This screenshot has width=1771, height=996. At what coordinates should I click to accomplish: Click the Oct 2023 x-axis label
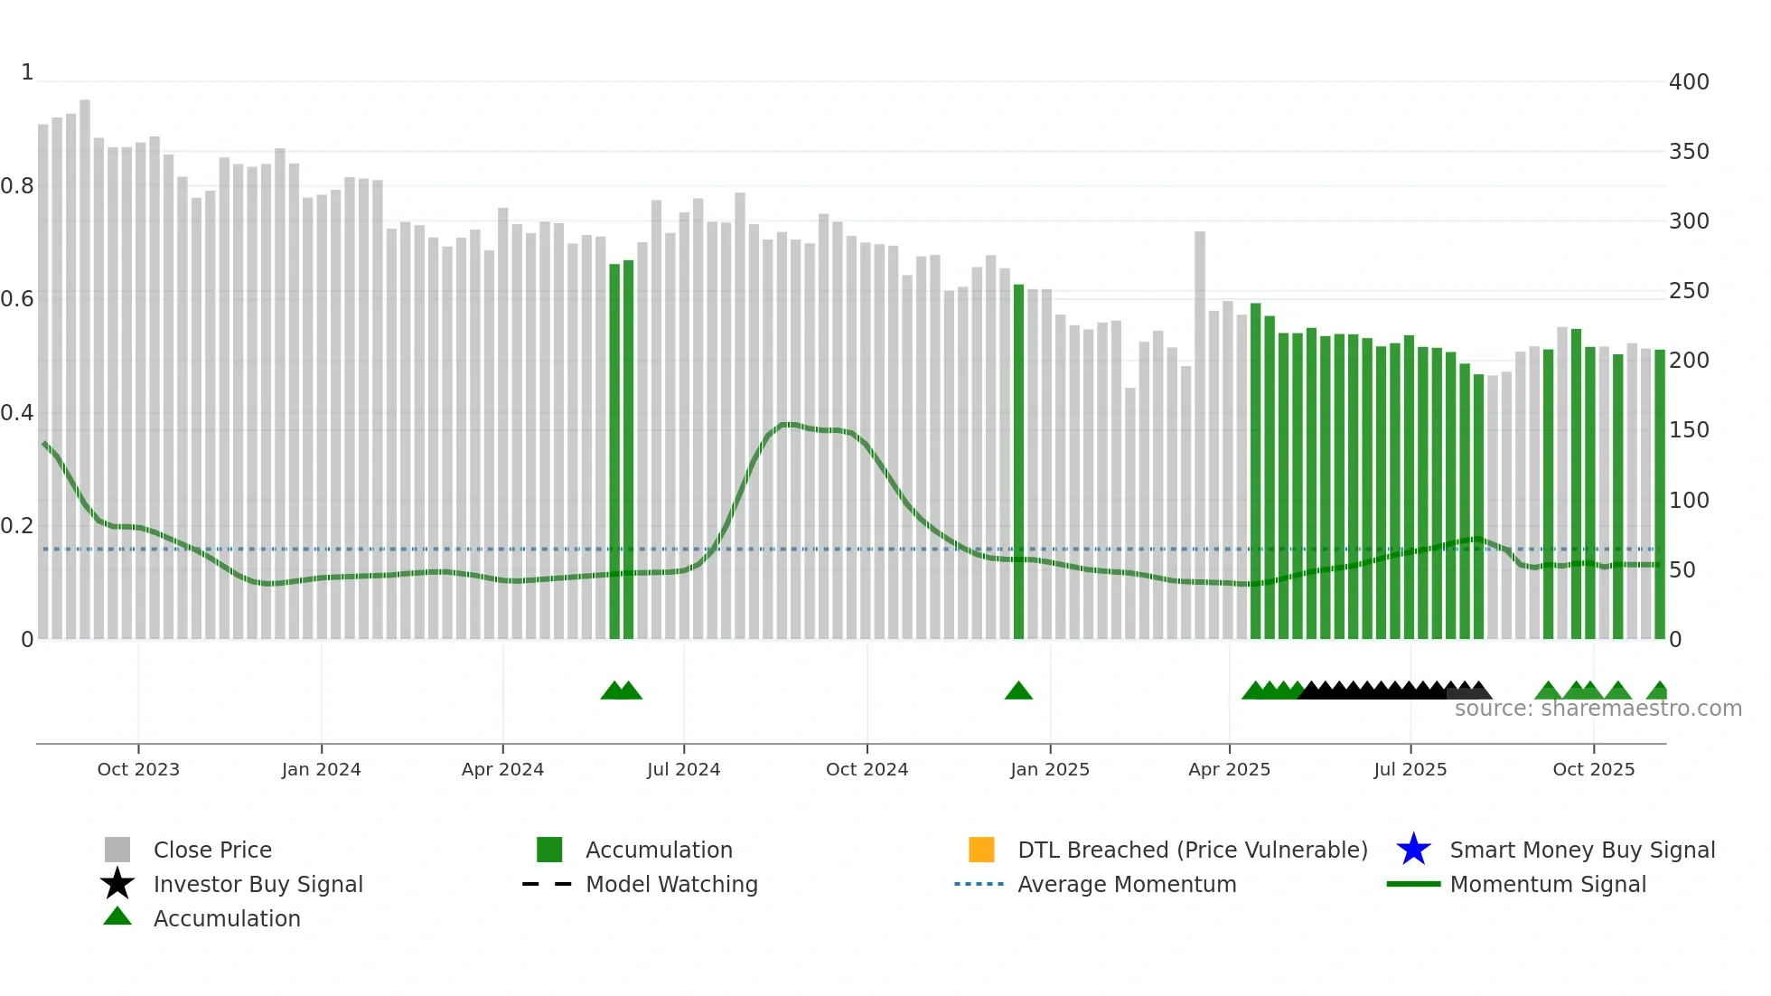coord(138,769)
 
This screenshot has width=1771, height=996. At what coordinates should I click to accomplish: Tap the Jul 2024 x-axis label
coord(683,769)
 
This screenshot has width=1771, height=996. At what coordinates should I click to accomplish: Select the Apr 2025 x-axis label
coord(1229,769)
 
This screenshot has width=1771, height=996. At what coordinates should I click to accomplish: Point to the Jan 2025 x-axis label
coord(1050,769)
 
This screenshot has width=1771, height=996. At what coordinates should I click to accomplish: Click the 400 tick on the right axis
coord(1689,82)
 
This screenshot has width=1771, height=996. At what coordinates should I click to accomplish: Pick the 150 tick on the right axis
coord(1689,430)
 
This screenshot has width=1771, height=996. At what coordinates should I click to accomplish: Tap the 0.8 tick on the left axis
coord(17,186)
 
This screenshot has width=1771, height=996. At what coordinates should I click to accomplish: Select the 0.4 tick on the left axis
coord(17,413)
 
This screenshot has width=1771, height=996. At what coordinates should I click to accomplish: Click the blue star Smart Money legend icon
coord(1413,850)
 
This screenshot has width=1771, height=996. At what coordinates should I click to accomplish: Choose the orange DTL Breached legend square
coord(981,850)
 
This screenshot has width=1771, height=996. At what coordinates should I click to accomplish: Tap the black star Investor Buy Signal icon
coord(117,884)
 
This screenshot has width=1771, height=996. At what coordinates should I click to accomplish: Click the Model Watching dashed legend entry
coord(548,884)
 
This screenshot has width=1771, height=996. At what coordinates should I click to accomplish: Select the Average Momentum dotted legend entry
coord(979,884)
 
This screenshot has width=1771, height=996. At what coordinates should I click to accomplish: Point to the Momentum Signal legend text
coord(1548,884)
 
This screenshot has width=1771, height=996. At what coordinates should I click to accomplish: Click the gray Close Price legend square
coord(117,850)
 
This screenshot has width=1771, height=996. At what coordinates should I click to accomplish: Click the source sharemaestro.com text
coord(1598,709)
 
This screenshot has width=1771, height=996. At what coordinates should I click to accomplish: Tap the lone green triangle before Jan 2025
coord(1018,691)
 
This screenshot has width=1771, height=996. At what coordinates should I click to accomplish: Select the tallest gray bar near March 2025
coord(1200,434)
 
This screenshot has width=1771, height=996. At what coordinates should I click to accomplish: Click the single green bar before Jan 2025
coord(1018,461)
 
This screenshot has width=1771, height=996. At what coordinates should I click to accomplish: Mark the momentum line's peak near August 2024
coord(788,424)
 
